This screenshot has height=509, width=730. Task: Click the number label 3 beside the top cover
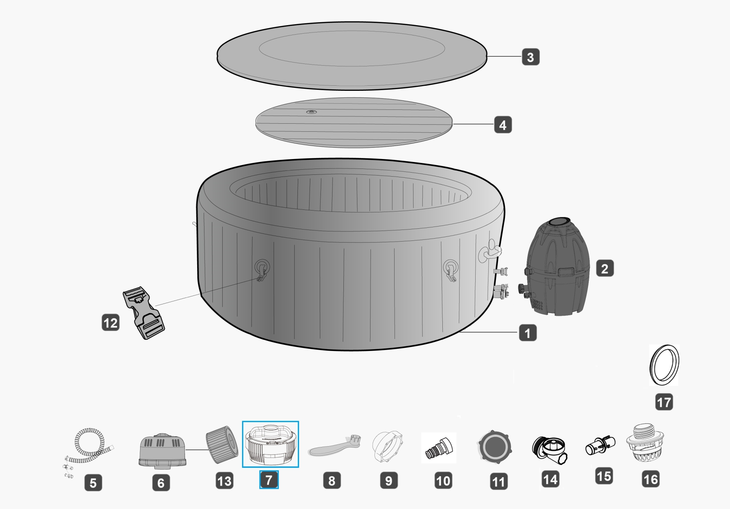(x=530, y=57)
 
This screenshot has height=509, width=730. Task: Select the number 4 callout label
(x=503, y=125)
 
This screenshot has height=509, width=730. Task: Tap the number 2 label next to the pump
(x=604, y=269)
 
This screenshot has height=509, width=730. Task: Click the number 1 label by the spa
(x=527, y=333)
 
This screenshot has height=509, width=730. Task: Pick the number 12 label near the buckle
(x=111, y=323)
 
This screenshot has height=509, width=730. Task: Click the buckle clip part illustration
(x=143, y=313)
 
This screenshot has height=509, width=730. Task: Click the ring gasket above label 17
(x=664, y=365)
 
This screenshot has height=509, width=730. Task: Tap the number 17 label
(x=664, y=402)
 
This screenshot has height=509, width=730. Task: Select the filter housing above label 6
(x=162, y=451)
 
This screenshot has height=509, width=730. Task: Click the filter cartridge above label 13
(x=222, y=444)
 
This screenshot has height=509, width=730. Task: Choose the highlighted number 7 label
(x=269, y=480)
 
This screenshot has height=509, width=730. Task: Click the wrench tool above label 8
(x=334, y=447)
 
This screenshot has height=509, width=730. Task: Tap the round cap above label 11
(x=494, y=447)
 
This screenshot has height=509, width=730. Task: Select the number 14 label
(x=550, y=479)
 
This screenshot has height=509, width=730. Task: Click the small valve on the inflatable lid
(x=311, y=112)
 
